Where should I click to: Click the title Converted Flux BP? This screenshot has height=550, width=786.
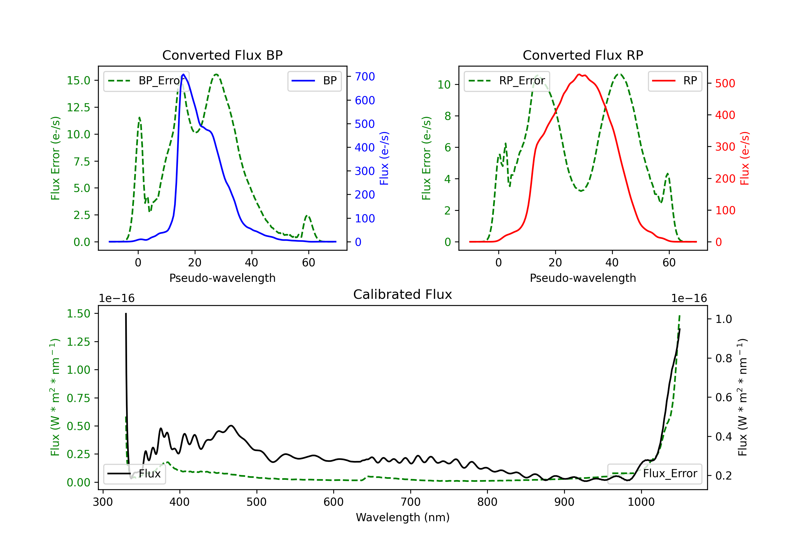222,55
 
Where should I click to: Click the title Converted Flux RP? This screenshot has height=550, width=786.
583,55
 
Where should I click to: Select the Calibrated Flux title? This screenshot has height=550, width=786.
403,294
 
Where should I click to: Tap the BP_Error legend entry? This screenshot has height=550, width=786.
146,81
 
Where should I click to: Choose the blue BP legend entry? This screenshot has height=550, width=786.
314,81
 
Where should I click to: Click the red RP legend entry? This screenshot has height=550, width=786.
675,81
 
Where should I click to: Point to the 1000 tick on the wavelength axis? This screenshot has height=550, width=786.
641,502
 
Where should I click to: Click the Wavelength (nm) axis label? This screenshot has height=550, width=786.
403,517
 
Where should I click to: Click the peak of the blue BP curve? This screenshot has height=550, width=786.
183,74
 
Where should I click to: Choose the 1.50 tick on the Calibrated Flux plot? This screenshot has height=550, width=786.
78,313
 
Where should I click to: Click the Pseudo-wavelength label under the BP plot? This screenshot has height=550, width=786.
222,278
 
